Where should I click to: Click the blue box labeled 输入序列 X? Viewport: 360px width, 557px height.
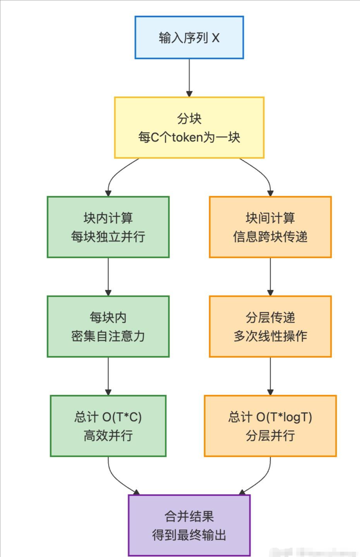pyautogui.click(x=189, y=37)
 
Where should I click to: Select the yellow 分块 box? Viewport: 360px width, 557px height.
pyautogui.click(x=189, y=128)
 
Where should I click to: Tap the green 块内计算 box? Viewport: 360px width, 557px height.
pyautogui.click(x=108, y=227)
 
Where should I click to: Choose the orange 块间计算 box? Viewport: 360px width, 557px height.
pyautogui.click(x=270, y=227)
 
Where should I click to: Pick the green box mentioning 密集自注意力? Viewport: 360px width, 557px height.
pyautogui.click(x=108, y=326)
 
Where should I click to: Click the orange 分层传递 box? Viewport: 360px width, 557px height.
pyautogui.click(x=270, y=326)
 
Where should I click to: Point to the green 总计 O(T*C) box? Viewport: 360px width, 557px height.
pyautogui.click(x=108, y=426)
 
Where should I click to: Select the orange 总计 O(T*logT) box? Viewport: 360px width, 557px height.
pyautogui.click(x=270, y=426)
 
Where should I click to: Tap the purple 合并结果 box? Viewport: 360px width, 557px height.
pyautogui.click(x=189, y=525)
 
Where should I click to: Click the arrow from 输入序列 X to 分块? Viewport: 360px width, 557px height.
pyautogui.click(x=189, y=77)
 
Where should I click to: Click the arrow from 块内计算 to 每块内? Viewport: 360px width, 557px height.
pyautogui.click(x=108, y=276)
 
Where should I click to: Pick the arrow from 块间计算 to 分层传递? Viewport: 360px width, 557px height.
pyautogui.click(x=270, y=276)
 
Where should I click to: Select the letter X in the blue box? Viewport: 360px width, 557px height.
pyautogui.click(x=215, y=38)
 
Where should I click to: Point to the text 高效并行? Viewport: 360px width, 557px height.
pyautogui.click(x=108, y=435)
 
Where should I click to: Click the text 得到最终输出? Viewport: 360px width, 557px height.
pyautogui.click(x=189, y=535)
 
